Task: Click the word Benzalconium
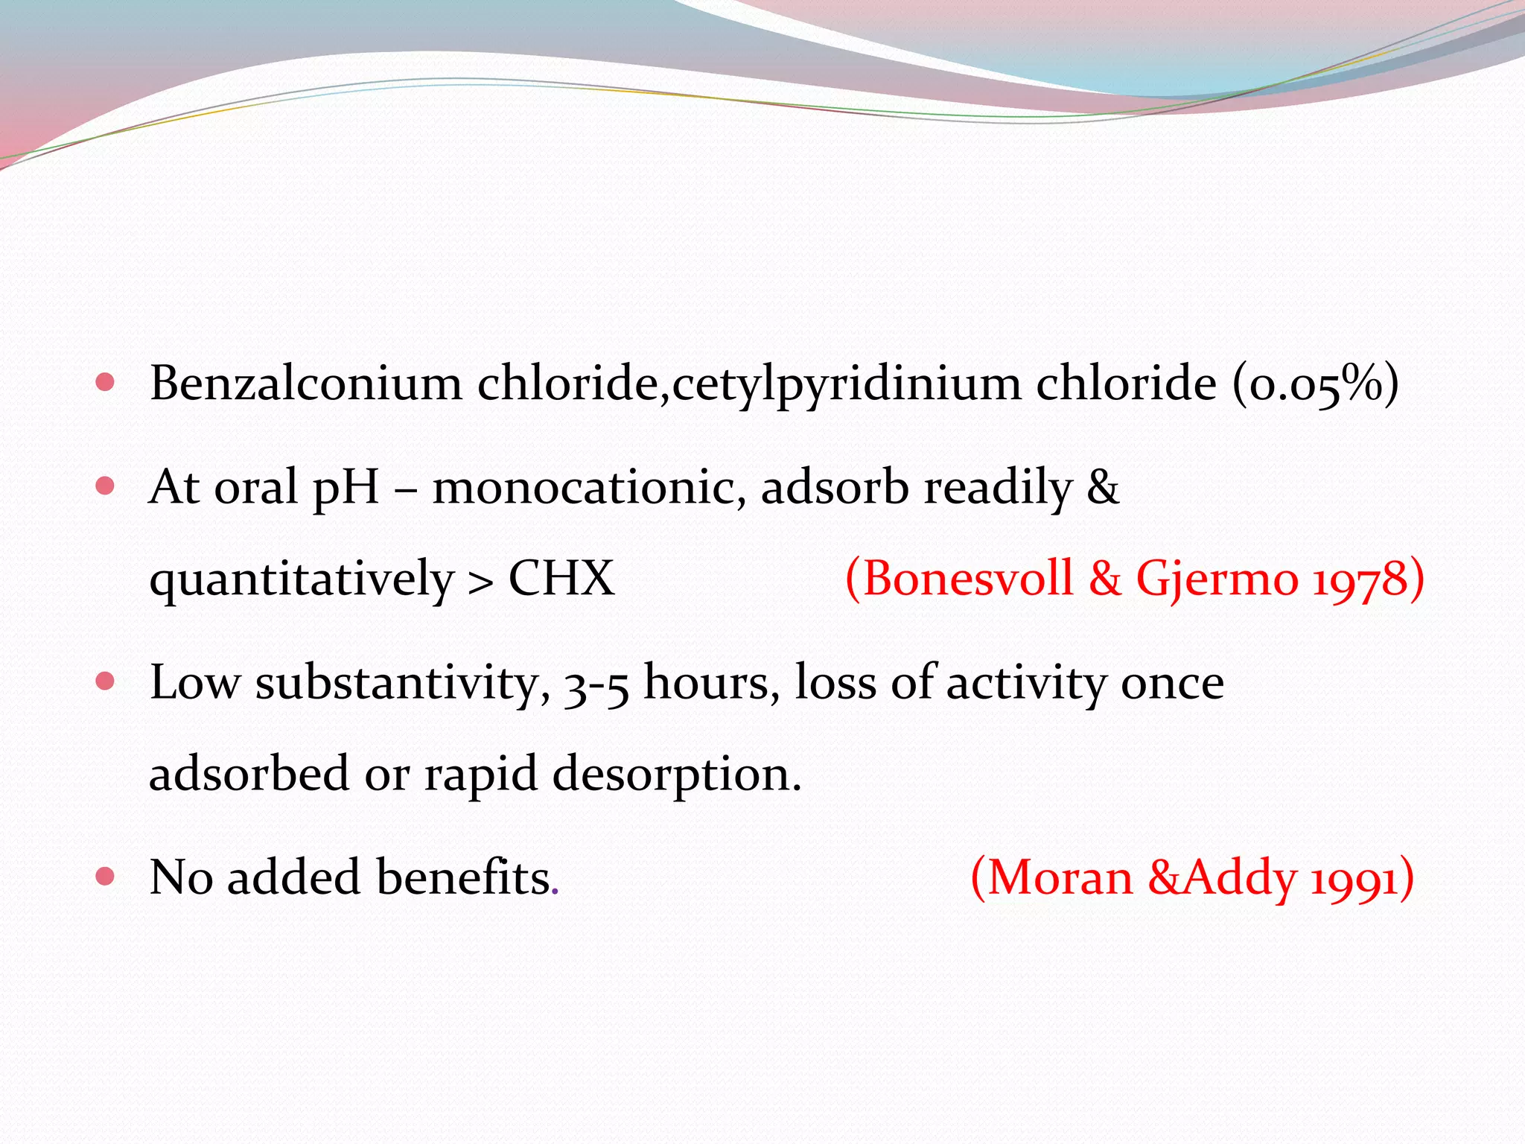305,384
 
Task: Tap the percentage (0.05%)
1315,384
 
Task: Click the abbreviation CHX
561,579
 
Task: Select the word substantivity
402,682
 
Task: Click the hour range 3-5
596,684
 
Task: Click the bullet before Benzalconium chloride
106,383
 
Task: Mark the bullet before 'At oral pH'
106,486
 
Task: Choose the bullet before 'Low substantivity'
106,681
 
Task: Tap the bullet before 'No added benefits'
106,876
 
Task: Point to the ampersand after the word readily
1103,488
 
